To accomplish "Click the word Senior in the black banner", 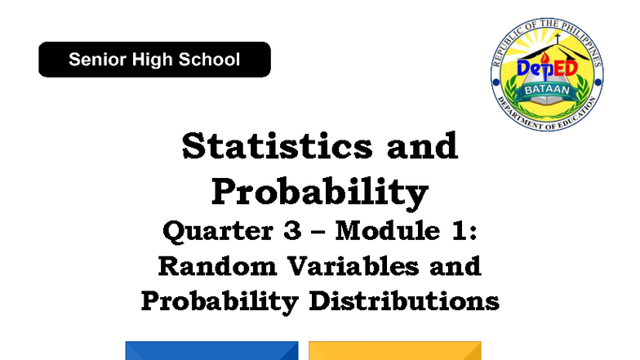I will click(x=96, y=60).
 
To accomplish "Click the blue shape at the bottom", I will click(x=211, y=351).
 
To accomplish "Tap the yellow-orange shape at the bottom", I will click(x=395, y=351).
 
